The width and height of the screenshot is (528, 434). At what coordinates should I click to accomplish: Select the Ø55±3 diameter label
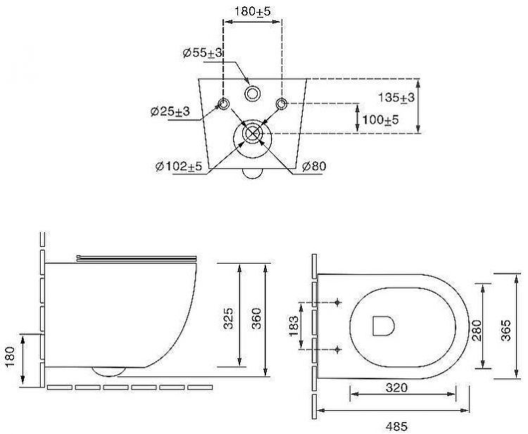pyautogui.click(x=203, y=53)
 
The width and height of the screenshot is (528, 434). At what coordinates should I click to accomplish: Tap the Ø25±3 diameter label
pyautogui.click(x=170, y=112)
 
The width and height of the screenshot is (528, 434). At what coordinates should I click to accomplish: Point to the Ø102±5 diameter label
pyautogui.click(x=180, y=167)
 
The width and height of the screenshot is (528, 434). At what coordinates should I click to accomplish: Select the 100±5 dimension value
pyautogui.click(x=379, y=120)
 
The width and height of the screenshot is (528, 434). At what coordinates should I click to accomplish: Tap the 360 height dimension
pyautogui.click(x=255, y=319)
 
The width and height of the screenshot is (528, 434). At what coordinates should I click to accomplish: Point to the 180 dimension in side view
pyautogui.click(x=11, y=359)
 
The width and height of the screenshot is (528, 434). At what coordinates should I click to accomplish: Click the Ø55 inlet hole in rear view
pyautogui.click(x=253, y=93)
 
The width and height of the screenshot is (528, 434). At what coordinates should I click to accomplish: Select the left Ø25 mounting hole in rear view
pyautogui.click(x=224, y=106)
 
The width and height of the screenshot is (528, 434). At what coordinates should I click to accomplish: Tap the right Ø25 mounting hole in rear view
pyautogui.click(x=282, y=106)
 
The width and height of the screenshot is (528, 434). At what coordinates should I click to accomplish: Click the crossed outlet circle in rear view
pyautogui.click(x=253, y=134)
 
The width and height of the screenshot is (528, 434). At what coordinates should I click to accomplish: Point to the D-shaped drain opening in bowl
pyautogui.click(x=381, y=325)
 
